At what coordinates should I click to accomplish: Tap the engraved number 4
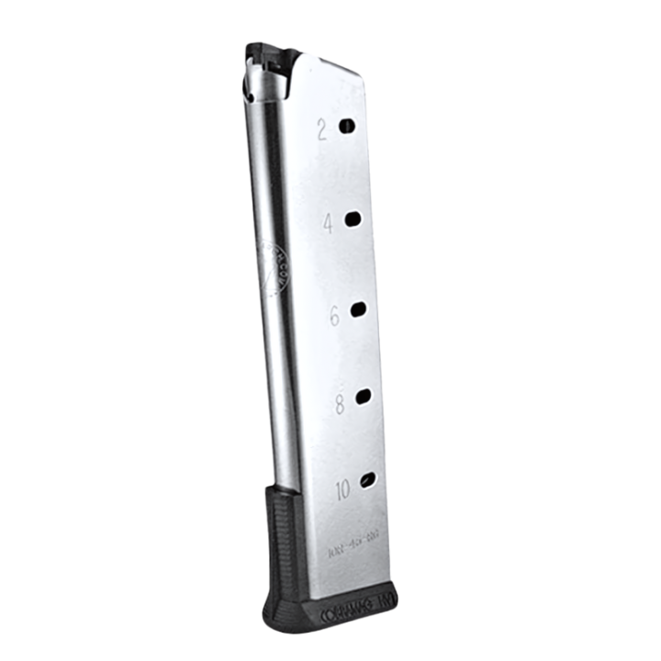328,223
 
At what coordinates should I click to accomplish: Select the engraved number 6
334,315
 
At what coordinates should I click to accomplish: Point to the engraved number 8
340,404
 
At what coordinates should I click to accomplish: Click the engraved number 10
342,489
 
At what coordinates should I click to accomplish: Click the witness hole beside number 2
346,126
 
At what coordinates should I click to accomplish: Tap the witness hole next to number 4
353,218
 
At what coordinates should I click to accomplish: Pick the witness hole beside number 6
358,308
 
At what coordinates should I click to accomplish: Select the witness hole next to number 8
364,397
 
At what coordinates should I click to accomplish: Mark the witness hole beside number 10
368,480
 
